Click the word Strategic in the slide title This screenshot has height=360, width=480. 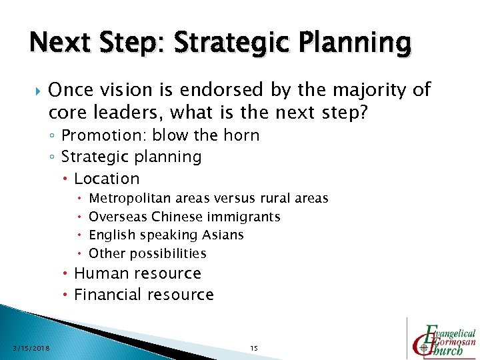click(x=219, y=43)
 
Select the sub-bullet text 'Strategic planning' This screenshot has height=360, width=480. click(x=131, y=157)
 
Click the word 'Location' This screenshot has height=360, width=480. click(x=107, y=179)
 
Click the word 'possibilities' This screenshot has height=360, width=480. click(x=167, y=253)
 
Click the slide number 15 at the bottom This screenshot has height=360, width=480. click(x=253, y=348)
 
